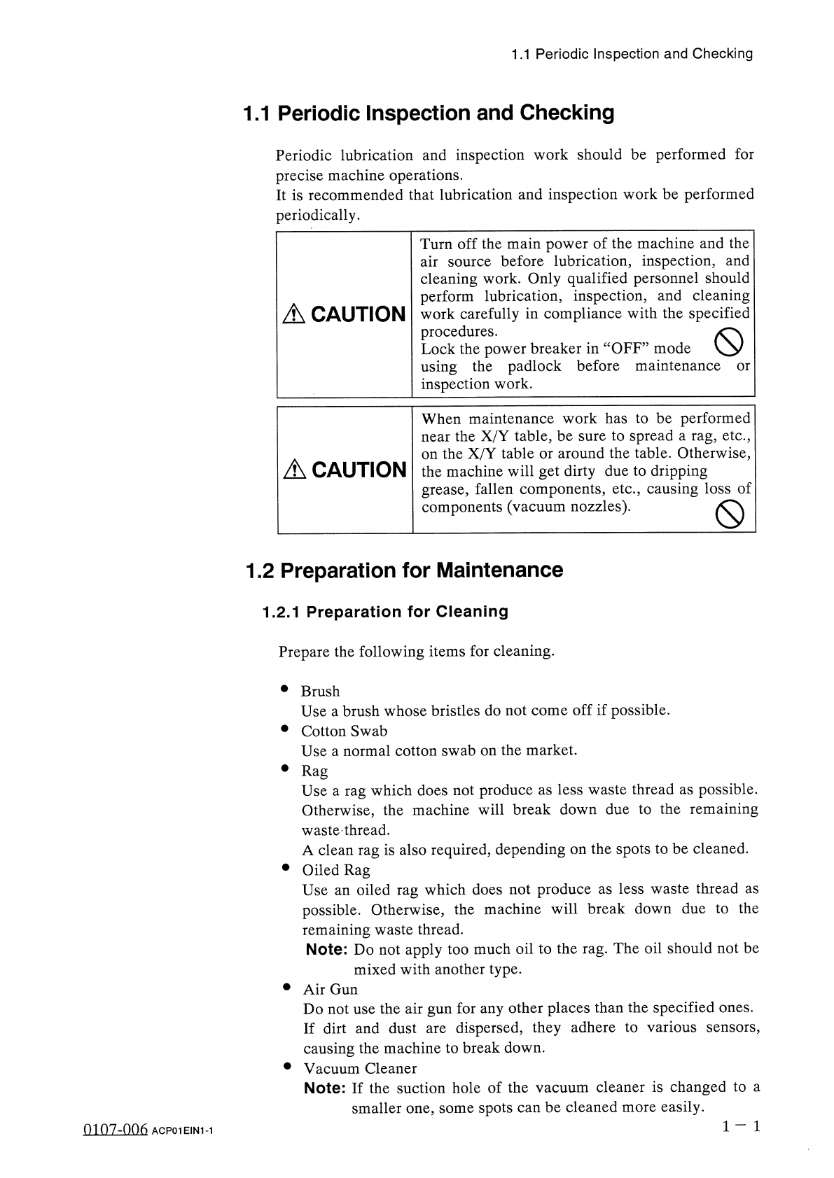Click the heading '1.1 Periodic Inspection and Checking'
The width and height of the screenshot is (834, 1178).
428,113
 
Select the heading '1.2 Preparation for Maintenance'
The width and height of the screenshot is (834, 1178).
404,570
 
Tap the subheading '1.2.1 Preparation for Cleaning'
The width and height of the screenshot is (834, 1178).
385,612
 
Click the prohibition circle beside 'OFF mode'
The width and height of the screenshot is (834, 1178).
728,343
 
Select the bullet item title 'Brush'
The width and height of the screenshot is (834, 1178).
320,692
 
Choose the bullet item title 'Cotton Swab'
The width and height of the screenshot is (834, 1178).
344,731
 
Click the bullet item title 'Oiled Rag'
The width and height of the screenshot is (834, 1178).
336,870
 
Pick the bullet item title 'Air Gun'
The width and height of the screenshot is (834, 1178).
330,990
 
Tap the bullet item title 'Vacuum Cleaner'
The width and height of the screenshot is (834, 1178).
360,1069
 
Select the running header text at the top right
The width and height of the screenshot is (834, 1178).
632,54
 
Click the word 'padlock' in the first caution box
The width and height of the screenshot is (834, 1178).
534,366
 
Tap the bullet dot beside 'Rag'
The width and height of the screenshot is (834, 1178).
285,769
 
